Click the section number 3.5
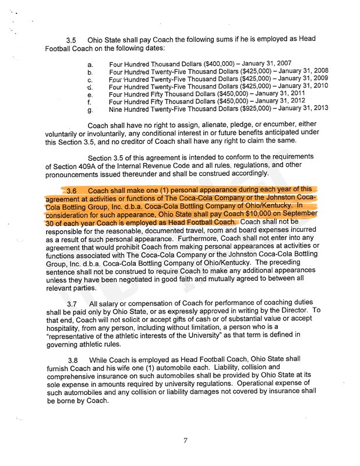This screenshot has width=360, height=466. pyautogui.click(x=72, y=40)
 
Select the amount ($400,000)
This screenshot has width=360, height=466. pyautogui.click(x=218, y=63)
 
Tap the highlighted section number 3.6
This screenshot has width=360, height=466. pyautogui.click(x=72, y=190)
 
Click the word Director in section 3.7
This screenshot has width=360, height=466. pyautogui.click(x=291, y=311)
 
